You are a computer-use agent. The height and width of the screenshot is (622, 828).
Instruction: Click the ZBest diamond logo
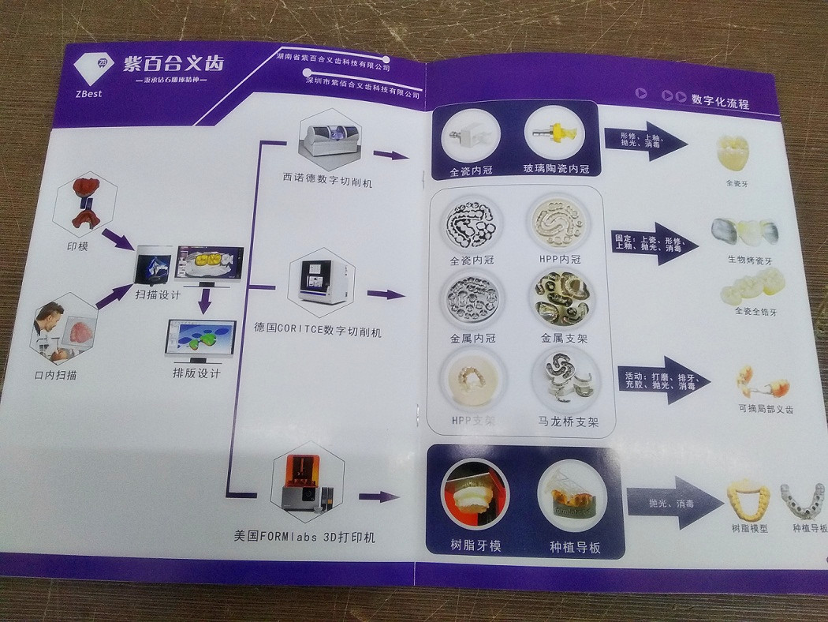coord(91,69)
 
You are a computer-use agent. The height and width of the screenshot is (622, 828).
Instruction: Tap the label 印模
coord(77,246)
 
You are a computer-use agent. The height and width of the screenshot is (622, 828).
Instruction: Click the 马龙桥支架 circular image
coord(564,378)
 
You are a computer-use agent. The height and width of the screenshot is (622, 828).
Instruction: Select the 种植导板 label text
coord(575,546)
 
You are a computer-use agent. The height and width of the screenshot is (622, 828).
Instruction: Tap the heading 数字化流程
coord(719,102)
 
